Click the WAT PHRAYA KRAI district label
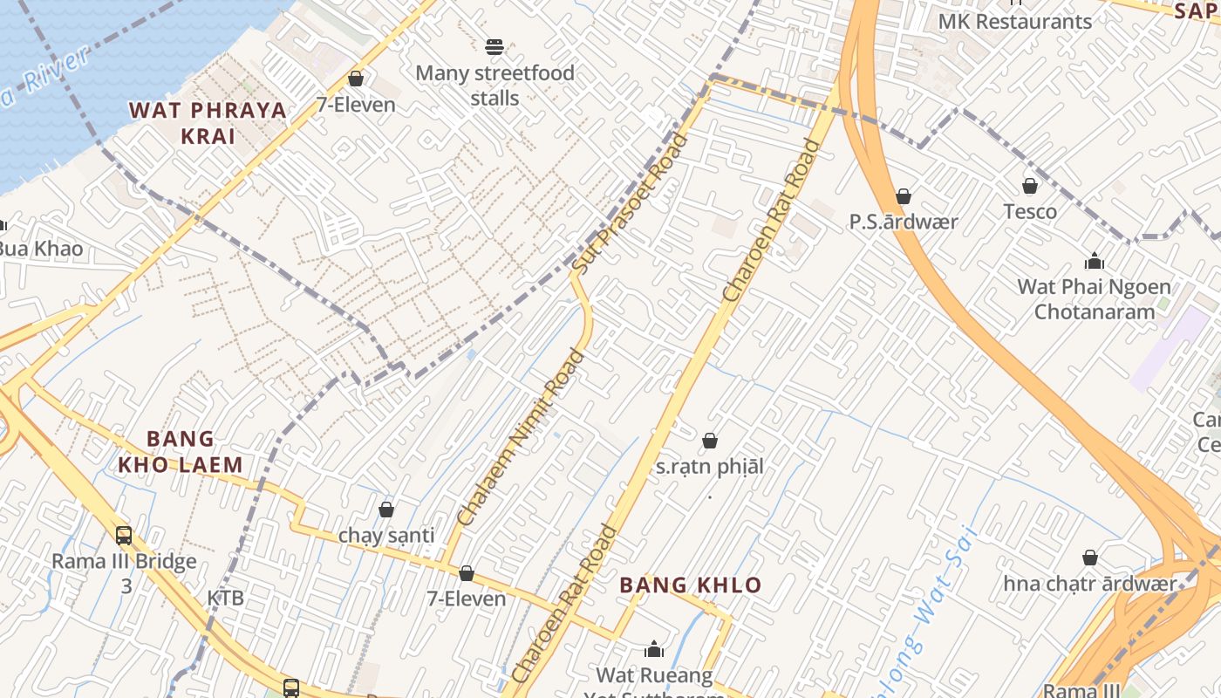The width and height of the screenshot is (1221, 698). [208, 123]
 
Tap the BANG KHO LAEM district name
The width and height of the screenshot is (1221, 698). [181, 452]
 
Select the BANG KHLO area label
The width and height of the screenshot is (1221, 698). [691, 585]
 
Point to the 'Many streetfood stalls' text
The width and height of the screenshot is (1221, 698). [495, 86]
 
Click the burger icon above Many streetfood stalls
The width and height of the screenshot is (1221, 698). [495, 46]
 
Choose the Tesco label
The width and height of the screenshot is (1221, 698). [1030, 212]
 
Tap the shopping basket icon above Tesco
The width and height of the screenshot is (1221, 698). [1030, 186]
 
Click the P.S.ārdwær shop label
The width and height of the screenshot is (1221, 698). [904, 222]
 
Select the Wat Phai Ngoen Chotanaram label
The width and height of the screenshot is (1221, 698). [1094, 299]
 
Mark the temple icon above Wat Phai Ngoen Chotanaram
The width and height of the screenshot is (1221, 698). [1094, 261]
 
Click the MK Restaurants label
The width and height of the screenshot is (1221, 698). [1015, 22]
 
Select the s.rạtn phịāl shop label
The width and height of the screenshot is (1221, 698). [709, 467]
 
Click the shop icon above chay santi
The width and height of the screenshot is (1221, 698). [386, 509]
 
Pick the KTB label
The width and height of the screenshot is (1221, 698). [225, 599]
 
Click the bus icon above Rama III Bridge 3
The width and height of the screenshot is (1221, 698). [124, 535]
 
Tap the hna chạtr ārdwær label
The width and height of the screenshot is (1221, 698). [1089, 584]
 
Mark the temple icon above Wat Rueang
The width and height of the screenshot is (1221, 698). [654, 649]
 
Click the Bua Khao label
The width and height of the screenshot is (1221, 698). [39, 250]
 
